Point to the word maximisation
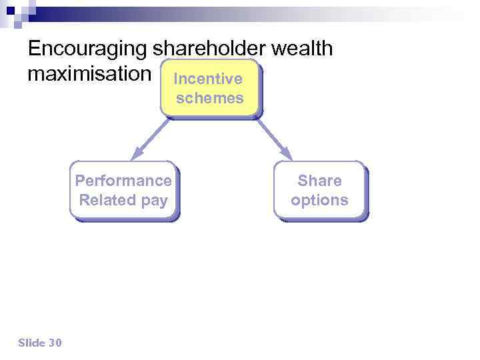pos(89,73)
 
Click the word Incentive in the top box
pos(208,79)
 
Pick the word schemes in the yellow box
pos(209,98)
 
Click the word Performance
pos(123,181)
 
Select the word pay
pos(155,200)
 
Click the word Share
pos(319,181)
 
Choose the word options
pos(319,200)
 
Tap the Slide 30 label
pos(40,343)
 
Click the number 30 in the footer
pos(55,343)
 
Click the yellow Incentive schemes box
pos(209,89)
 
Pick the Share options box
pos(319,190)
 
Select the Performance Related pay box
pos(123,190)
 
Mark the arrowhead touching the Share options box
pos(286,154)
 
